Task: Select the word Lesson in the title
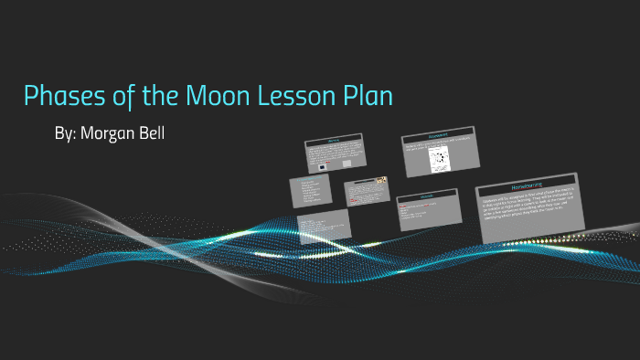coord(294,96)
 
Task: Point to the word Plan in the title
coord(366,96)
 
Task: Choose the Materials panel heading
coord(426,196)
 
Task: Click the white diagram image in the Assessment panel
coord(440,160)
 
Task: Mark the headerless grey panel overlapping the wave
coord(323,226)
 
